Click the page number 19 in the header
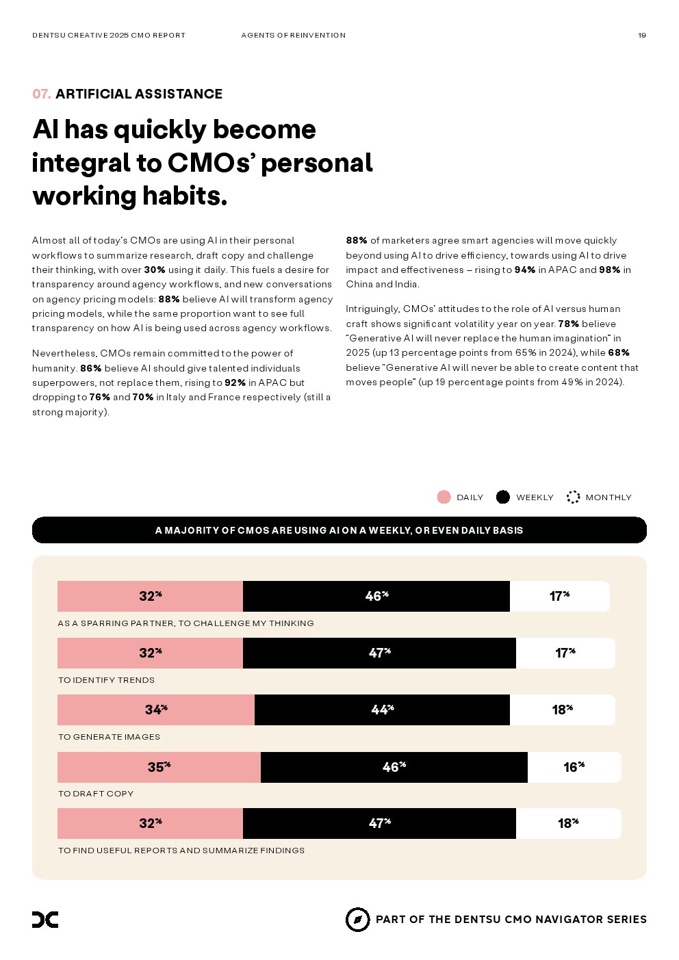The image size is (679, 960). click(x=641, y=36)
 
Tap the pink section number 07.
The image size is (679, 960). click(x=41, y=94)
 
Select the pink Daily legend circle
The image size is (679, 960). click(x=444, y=497)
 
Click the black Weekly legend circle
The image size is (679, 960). click(x=503, y=497)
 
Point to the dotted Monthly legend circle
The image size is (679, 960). click(x=574, y=497)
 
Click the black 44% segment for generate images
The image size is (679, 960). click(x=382, y=710)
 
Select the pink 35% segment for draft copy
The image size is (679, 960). click(x=159, y=767)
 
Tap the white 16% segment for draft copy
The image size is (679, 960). click(x=574, y=767)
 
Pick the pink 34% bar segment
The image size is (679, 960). click(x=156, y=710)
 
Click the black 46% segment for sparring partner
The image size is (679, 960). click(x=376, y=597)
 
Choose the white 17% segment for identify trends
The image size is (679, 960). click(x=565, y=653)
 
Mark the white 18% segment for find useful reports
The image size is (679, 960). click(x=568, y=824)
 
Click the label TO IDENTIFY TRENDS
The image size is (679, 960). click(x=106, y=680)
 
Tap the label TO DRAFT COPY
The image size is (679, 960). click(x=96, y=794)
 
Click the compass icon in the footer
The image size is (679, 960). click(x=357, y=920)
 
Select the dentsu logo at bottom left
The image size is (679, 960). click(x=45, y=920)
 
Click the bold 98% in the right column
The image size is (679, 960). click(x=609, y=270)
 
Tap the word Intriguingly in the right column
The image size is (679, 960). click(x=372, y=309)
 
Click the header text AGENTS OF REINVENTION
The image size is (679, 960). click(x=293, y=36)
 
